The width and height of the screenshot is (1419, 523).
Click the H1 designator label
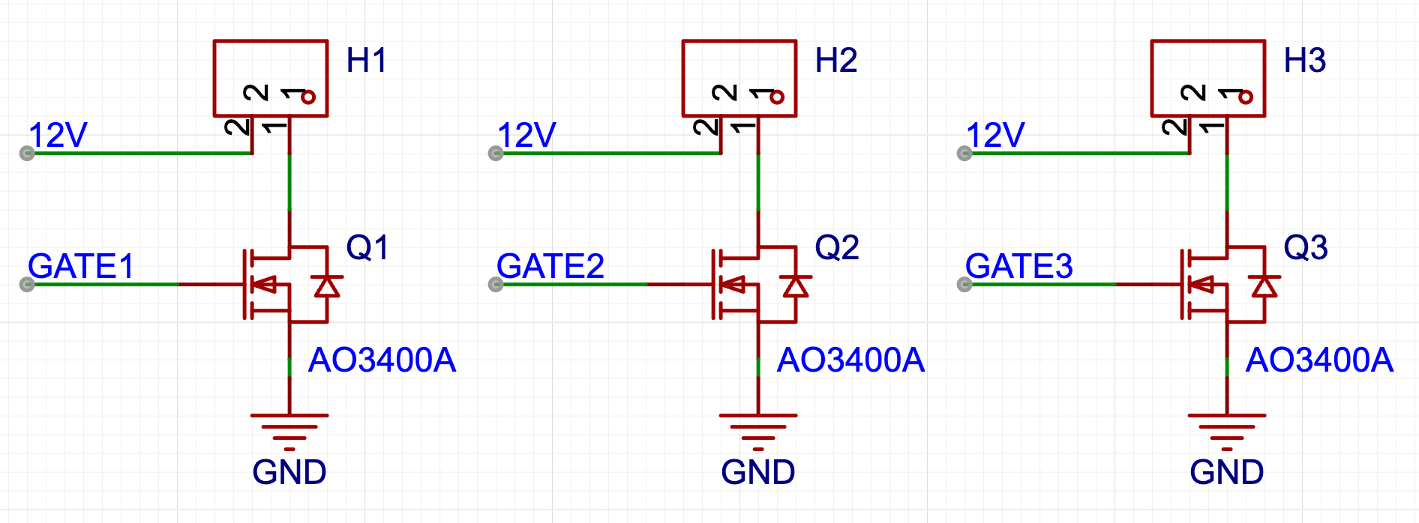click(366, 61)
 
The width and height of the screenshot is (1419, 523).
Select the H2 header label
click(835, 61)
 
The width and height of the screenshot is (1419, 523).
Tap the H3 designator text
click(1304, 61)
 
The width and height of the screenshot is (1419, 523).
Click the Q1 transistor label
click(367, 248)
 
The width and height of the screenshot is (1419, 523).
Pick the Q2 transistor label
click(836, 248)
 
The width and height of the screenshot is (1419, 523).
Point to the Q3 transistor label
click(1305, 248)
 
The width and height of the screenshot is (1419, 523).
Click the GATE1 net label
click(81, 266)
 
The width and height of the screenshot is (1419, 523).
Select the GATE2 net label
click(550, 266)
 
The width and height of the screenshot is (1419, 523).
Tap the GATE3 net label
click(1018, 266)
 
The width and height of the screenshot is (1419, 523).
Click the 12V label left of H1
click(58, 136)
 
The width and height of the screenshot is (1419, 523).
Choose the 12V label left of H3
click(995, 136)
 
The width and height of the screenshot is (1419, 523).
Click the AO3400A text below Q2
click(850, 360)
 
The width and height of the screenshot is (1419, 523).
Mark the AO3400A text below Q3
click(1319, 360)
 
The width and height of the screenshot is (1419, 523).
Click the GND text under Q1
click(289, 473)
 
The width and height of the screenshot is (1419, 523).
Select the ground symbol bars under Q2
click(757, 429)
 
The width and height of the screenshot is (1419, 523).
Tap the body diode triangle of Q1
click(327, 286)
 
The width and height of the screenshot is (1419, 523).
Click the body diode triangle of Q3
click(1264, 286)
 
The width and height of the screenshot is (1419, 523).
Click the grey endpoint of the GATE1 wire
click(27, 285)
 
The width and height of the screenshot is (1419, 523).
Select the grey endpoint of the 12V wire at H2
click(496, 154)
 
